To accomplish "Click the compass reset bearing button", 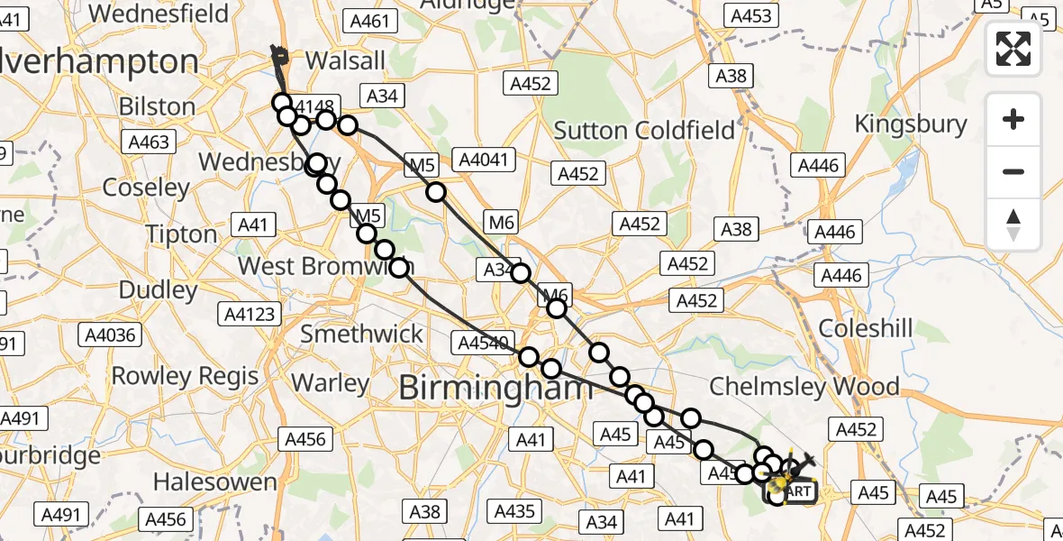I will coord(1013,225).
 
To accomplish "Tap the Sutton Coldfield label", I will coord(644,131).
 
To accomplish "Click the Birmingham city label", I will coord(495,389).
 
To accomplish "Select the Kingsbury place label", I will coord(910,124).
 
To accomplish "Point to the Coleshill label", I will coord(867,328).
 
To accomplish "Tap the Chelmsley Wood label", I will coord(804,387).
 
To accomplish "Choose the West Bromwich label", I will coord(326,267).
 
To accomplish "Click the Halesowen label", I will coord(215,481).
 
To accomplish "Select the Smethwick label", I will coord(361,334).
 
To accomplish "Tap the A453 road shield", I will coord(750,15).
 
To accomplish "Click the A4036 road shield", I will coord(111,335).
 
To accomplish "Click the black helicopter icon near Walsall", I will coord(278,57).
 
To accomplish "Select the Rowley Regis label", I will coord(186,376).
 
